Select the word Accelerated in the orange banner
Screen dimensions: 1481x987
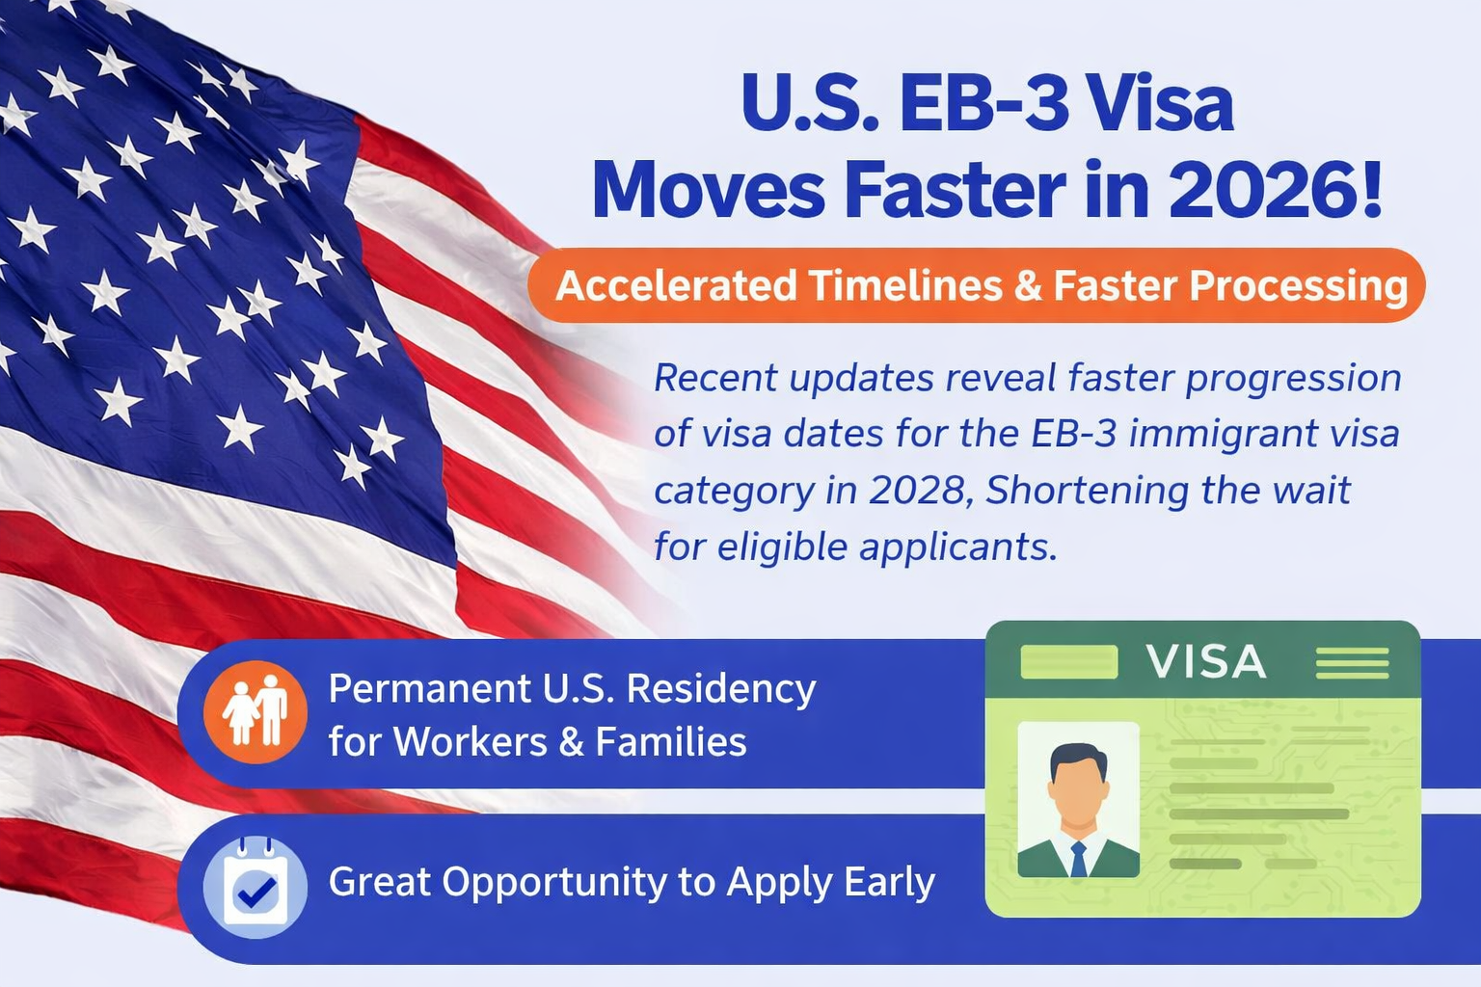point(676,285)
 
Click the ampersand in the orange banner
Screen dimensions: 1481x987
point(1028,285)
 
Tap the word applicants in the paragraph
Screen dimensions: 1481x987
point(953,548)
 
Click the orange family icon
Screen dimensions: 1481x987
point(256,711)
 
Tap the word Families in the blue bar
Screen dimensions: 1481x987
point(671,741)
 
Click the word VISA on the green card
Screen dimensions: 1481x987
point(1206,661)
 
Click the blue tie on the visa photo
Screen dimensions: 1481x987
point(1078,860)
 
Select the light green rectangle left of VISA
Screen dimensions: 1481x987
point(1069,662)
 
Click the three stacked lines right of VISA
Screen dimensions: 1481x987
point(1352,662)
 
